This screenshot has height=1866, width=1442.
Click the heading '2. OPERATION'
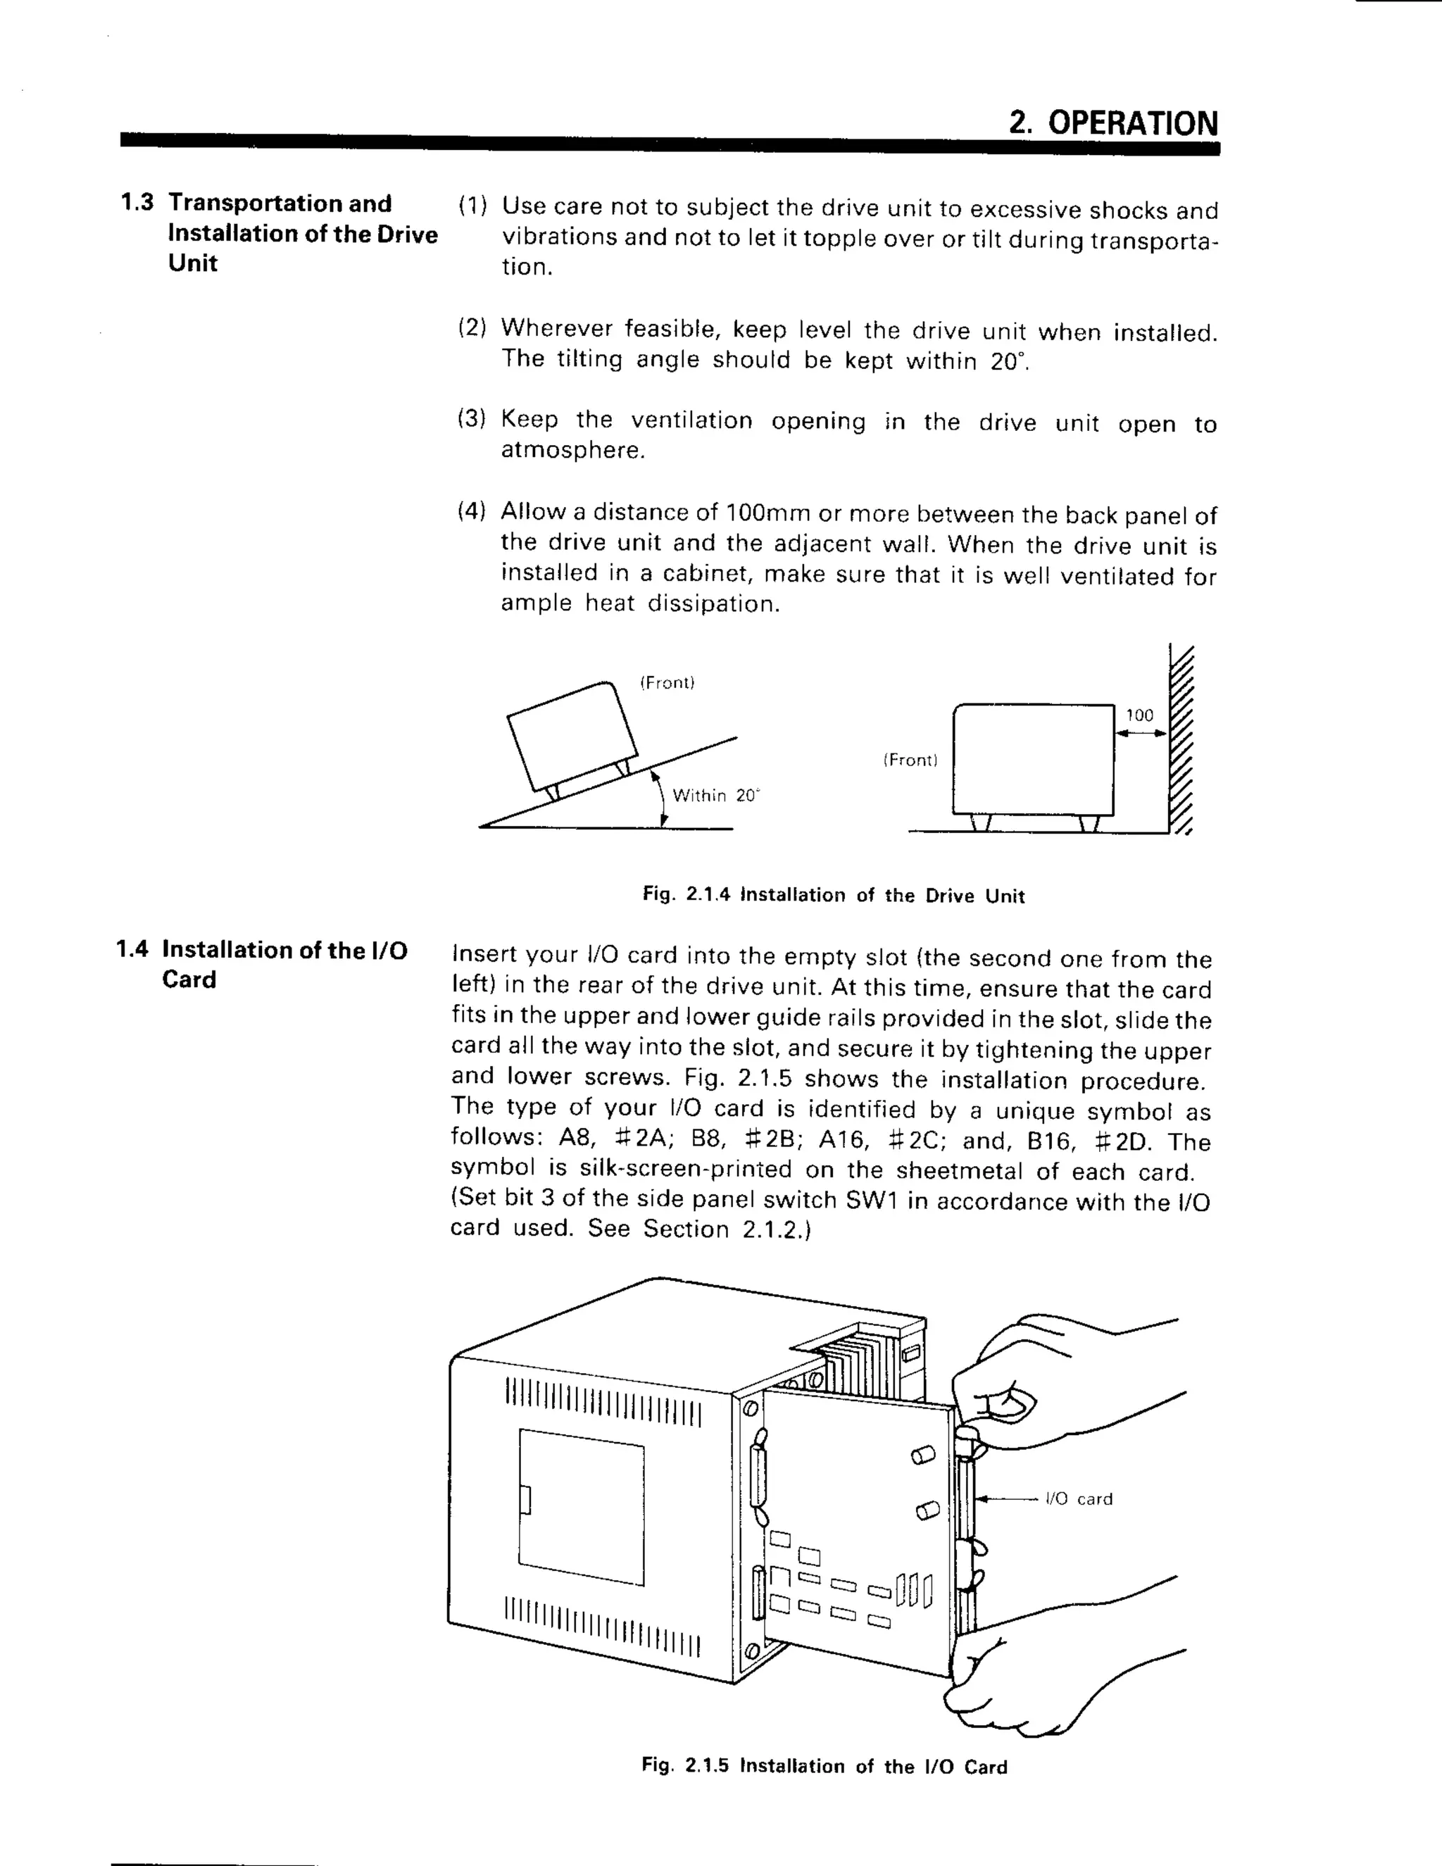[x=1113, y=123]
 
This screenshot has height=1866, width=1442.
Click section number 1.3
[x=137, y=203]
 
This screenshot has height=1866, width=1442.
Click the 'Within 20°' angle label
[x=715, y=796]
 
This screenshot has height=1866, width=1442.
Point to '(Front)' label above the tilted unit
[x=667, y=682]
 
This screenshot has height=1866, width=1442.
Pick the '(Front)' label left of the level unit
[x=910, y=760]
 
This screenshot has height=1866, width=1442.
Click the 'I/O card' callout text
[x=1079, y=1498]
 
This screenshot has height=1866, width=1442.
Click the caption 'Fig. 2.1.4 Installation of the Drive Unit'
[x=833, y=896]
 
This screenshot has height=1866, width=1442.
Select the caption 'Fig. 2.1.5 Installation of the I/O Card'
[x=825, y=1766]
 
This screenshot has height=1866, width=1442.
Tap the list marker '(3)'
[x=472, y=419]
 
